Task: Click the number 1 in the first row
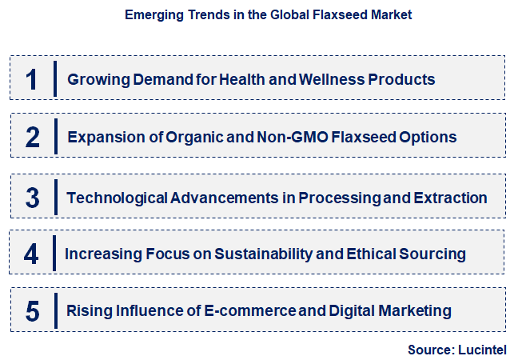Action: tap(32, 79)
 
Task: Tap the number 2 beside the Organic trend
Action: tap(33, 137)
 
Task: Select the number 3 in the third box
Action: tap(33, 197)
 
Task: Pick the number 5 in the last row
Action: tap(33, 310)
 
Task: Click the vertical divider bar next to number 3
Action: tap(55, 197)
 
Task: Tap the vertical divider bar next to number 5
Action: tap(55, 310)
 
